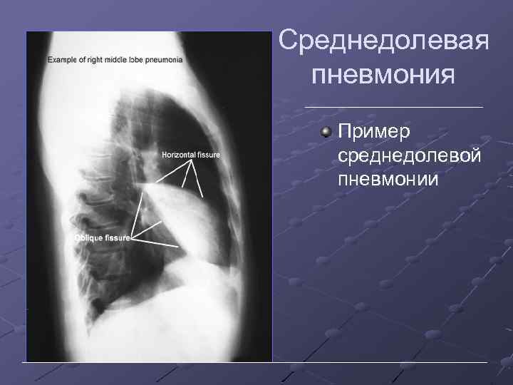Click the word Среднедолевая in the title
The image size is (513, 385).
tap(383, 42)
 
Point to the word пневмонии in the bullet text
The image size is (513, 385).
tap(388, 178)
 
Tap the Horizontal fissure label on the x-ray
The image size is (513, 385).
tap(190, 154)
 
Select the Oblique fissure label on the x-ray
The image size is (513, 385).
tap(102, 237)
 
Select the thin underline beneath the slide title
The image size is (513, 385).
tap(393, 107)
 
